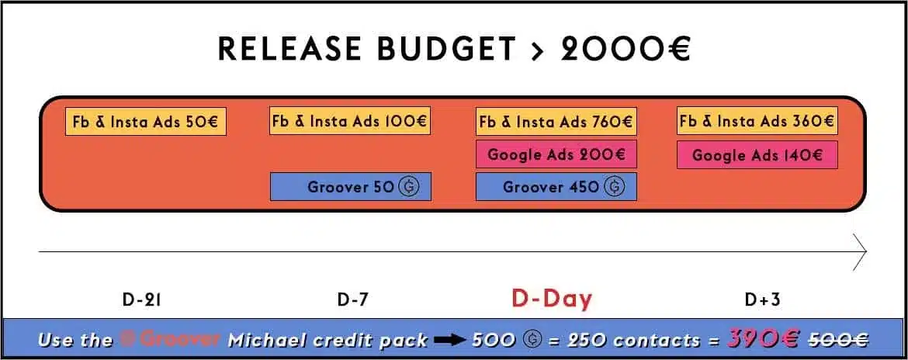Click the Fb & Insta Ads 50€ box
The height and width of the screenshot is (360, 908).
coord(146,122)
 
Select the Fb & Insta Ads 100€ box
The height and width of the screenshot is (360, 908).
coord(350,121)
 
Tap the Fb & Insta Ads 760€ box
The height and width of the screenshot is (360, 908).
coord(556,121)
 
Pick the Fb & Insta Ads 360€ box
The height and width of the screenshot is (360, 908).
coord(757,121)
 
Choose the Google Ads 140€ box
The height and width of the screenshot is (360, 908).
coord(757,154)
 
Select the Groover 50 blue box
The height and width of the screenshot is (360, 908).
coord(350,187)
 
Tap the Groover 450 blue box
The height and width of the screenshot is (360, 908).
coord(556,187)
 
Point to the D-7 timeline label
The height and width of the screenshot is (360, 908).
coord(352,299)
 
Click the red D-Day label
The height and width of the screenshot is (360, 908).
coord(552,299)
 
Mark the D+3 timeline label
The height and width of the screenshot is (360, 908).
coord(763,299)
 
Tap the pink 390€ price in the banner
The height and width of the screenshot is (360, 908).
coord(761,337)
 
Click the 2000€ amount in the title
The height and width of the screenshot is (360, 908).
coord(626,49)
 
